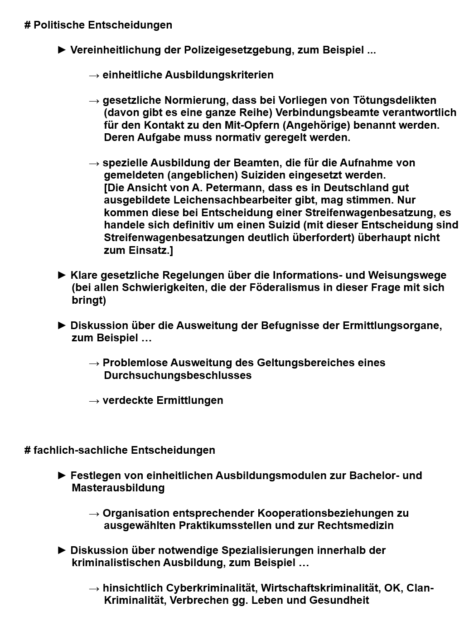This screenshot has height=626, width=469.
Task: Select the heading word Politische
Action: [59, 25]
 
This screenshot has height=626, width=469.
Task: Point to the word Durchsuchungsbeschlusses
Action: [178, 375]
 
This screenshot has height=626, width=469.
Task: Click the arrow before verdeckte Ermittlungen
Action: [94, 401]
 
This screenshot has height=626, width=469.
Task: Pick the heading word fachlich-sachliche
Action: [81, 450]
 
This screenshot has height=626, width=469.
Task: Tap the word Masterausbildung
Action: [118, 488]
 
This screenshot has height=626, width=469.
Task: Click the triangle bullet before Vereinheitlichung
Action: [63, 50]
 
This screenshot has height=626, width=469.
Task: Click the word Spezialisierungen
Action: [267, 550]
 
